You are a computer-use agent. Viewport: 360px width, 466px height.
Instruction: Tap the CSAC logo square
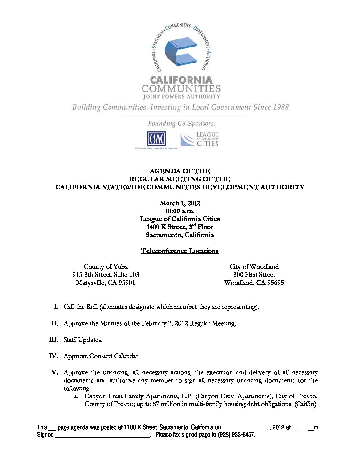tap(156, 139)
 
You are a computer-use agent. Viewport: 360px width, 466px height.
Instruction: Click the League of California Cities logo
tap(200, 139)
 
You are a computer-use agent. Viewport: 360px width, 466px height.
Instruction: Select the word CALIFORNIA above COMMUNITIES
tap(181, 80)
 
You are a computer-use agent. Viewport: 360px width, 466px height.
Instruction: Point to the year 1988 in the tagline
tap(281, 107)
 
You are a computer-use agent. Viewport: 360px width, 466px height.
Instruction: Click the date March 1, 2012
tap(180, 203)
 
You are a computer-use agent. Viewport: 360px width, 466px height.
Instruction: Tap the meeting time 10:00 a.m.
tap(180, 211)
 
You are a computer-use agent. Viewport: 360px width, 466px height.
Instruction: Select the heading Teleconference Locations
tap(180, 251)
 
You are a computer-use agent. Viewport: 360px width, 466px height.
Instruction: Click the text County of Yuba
tap(106, 266)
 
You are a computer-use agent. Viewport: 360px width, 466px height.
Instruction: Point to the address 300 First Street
tap(254, 274)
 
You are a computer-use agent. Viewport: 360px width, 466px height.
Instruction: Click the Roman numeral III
tap(53, 339)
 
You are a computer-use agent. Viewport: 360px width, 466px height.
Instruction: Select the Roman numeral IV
tap(53, 356)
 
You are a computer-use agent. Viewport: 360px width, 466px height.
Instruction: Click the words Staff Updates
tap(83, 340)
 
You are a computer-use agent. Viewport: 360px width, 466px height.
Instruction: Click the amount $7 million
tap(167, 404)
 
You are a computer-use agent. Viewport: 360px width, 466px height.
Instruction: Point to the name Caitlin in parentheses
tap(306, 404)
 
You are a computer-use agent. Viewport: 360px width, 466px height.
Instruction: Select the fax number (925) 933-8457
tap(236, 435)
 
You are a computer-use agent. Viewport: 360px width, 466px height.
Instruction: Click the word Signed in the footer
tap(45, 435)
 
